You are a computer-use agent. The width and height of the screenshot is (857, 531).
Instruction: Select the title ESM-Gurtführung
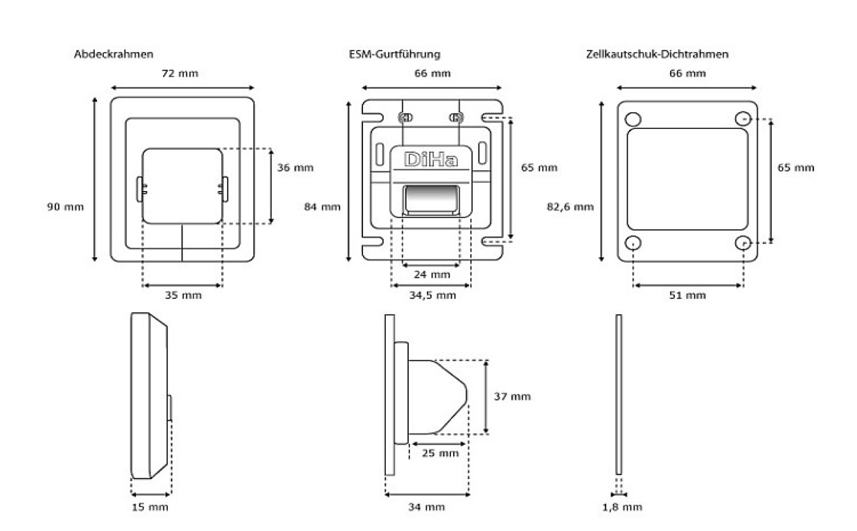click(x=394, y=54)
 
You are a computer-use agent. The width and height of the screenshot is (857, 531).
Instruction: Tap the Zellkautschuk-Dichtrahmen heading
click(x=657, y=54)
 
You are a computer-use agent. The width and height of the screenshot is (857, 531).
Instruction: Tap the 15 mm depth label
click(x=150, y=507)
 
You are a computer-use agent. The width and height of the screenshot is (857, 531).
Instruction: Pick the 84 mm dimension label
click(x=322, y=206)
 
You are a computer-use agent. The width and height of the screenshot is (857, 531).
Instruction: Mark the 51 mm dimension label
click(x=687, y=296)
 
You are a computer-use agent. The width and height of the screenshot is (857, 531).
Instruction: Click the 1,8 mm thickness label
click(x=623, y=507)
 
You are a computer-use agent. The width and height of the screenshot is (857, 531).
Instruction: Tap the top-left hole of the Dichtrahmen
click(x=633, y=119)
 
